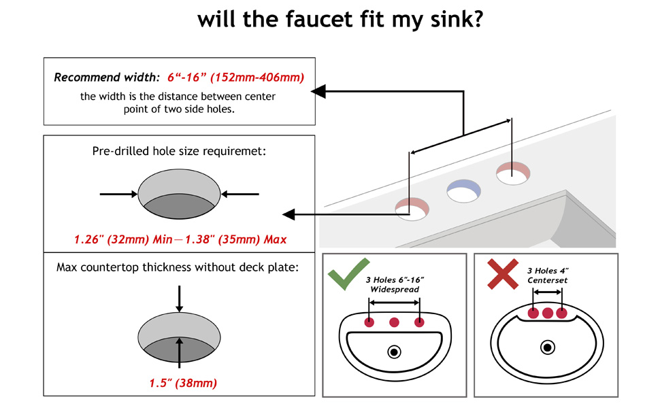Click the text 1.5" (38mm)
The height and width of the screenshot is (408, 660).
pyautogui.click(x=183, y=384)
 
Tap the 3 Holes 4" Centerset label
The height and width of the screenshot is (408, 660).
pyautogui.click(x=548, y=275)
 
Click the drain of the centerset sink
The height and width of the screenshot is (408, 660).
pyautogui.click(x=547, y=347)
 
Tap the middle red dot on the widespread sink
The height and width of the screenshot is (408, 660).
pyautogui.click(x=394, y=322)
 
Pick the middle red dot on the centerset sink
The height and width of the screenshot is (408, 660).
pyautogui.click(x=547, y=313)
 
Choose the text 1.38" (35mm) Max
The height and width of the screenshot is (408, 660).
pyautogui.click(x=244, y=239)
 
